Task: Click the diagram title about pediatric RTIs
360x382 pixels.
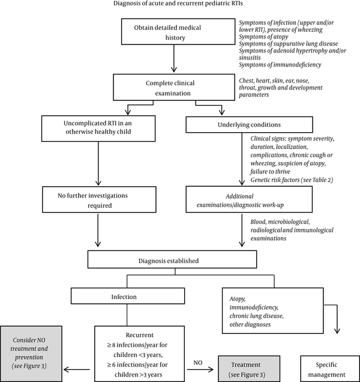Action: [x=178, y=4]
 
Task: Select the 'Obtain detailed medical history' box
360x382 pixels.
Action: [x=178, y=31]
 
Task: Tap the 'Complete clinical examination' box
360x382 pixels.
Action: [x=174, y=87]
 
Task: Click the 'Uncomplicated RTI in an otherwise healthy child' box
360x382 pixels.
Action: [x=98, y=129]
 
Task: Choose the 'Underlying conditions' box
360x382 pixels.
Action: [x=249, y=124]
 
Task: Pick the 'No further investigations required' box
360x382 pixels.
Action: [x=99, y=199]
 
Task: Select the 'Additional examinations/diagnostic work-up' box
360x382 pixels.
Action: [x=249, y=199]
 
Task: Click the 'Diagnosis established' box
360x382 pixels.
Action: [x=172, y=259]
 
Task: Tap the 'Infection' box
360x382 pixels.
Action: [x=128, y=296]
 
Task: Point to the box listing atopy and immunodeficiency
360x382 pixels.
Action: [x=273, y=311]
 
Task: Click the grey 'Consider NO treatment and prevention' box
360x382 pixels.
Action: [x=31, y=354]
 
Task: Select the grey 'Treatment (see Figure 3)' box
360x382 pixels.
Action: [x=249, y=369]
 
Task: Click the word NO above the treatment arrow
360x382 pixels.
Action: [x=198, y=363]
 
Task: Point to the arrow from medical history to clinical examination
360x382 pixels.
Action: [x=174, y=58]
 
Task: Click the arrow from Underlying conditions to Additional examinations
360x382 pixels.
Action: [x=242, y=159]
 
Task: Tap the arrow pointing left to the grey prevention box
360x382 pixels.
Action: [x=77, y=369]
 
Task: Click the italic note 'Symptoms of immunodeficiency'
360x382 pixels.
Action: [x=280, y=65]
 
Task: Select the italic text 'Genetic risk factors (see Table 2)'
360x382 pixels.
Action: [x=292, y=180]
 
